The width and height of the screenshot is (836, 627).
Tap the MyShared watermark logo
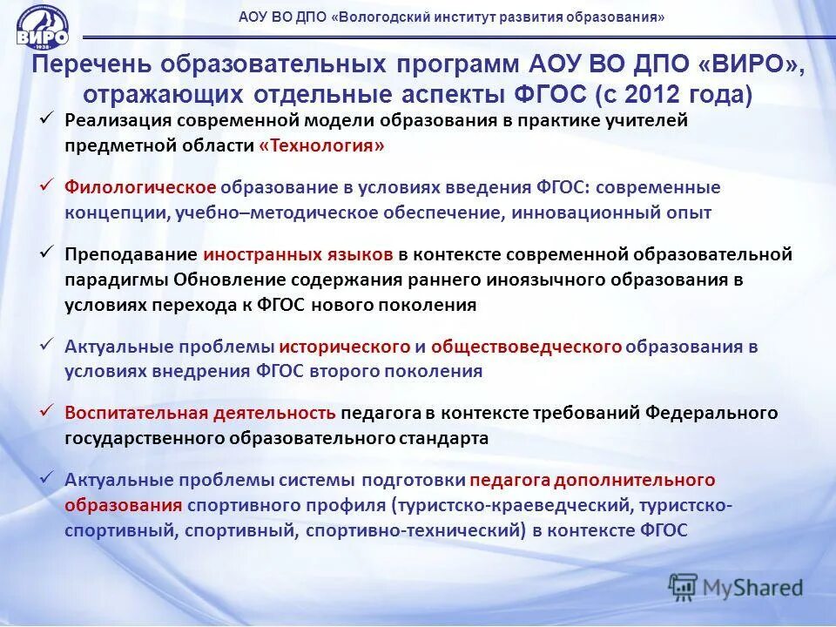pyautogui.click(x=736, y=586)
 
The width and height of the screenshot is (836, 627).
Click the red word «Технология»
pyautogui.click(x=321, y=145)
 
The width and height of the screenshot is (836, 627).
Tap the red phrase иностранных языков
pyautogui.click(x=299, y=254)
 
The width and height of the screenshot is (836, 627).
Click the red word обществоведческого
pyautogui.click(x=526, y=347)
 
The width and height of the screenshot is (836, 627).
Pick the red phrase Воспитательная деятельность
pyautogui.click(x=200, y=413)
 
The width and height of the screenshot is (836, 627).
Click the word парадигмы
pyautogui.click(x=117, y=280)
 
